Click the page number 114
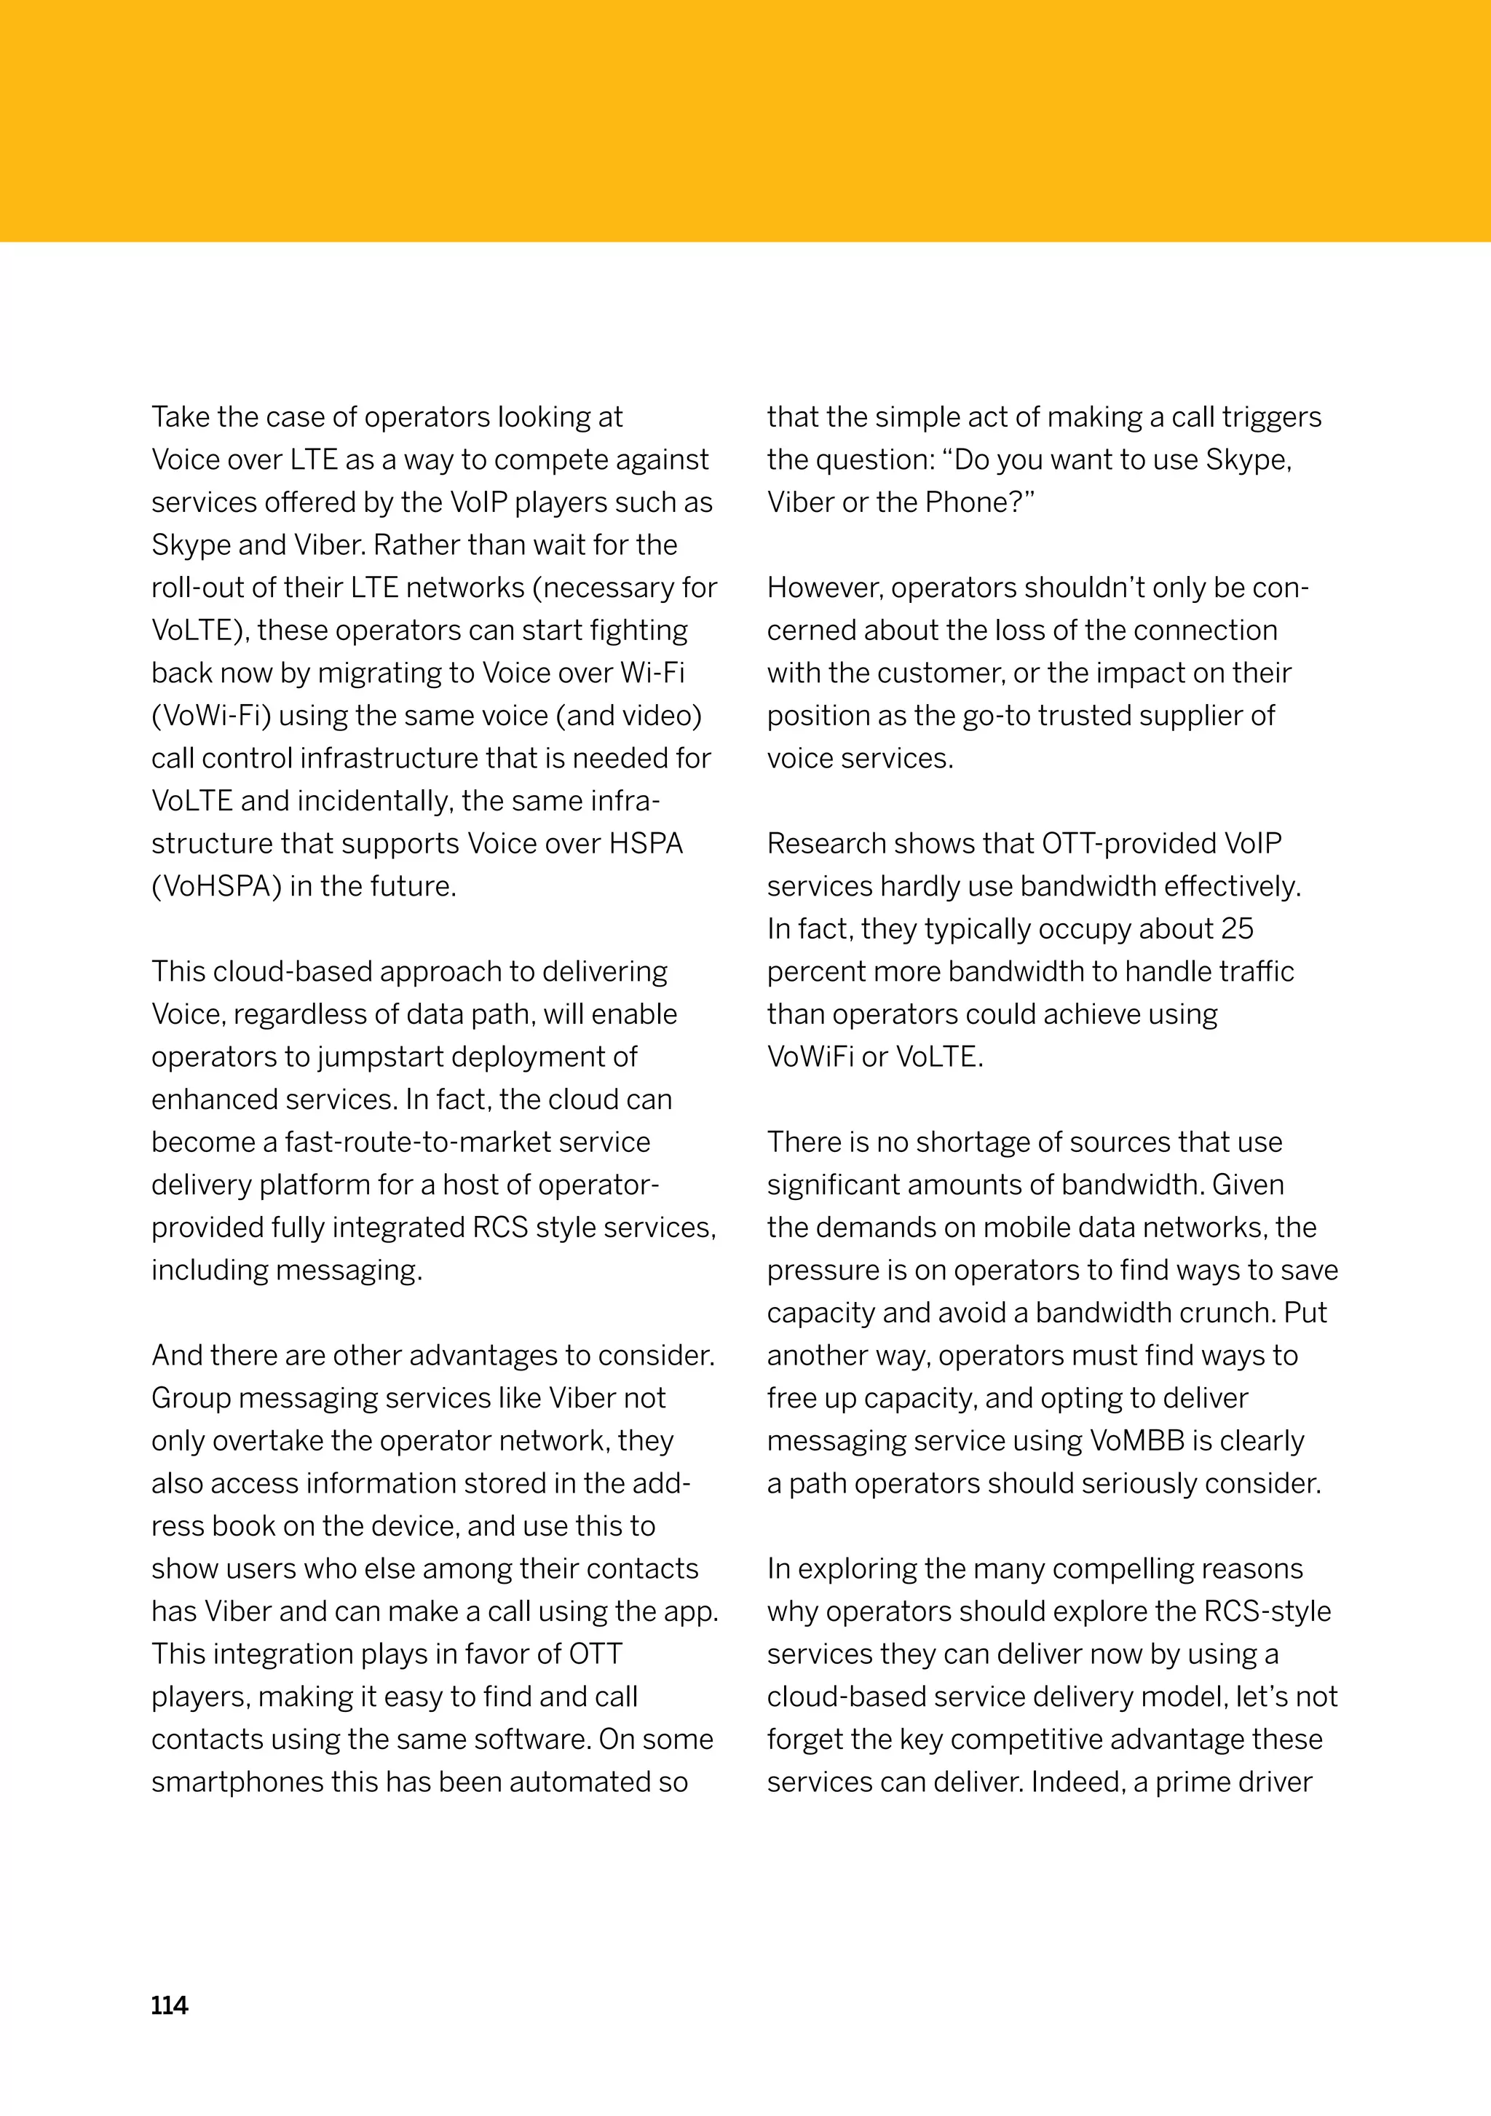(170, 2005)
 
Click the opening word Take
(181, 417)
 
